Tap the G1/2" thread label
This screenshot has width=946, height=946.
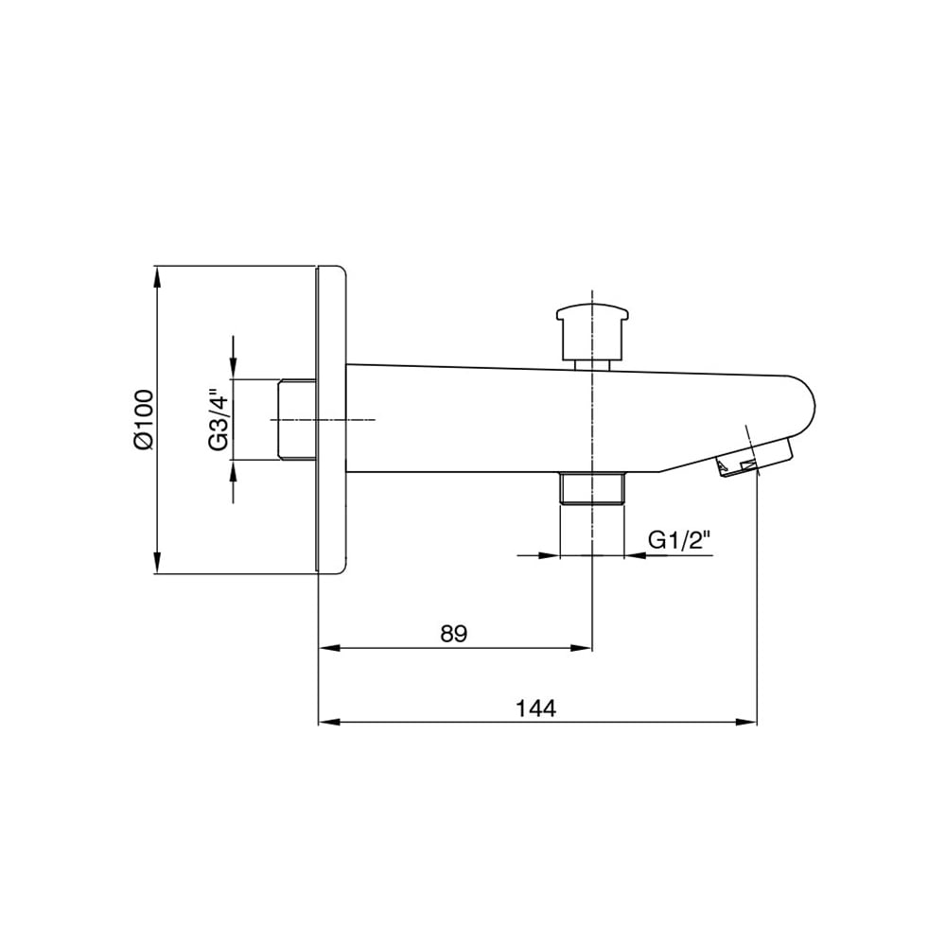680,540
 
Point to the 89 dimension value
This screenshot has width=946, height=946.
454,634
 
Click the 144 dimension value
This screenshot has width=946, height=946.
535,708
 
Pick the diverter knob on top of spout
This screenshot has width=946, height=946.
592,336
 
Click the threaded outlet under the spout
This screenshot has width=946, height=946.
592,488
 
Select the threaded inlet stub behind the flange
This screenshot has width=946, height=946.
297,419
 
